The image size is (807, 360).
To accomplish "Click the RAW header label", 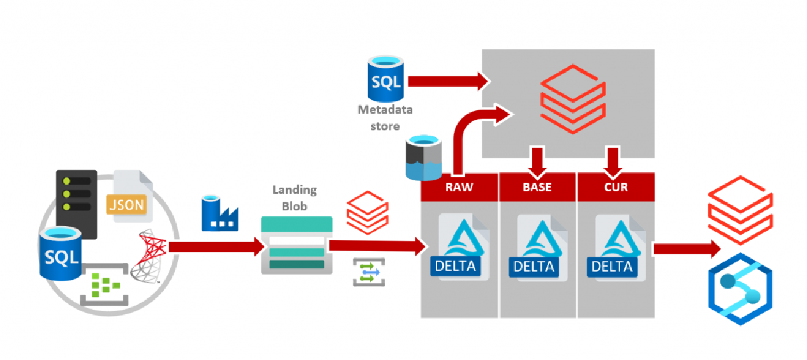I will [459, 187].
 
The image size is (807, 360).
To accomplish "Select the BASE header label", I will [537, 187].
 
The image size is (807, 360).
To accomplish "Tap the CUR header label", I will [616, 187].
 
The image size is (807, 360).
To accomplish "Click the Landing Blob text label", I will [294, 197].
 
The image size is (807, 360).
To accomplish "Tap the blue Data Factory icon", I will [219, 213].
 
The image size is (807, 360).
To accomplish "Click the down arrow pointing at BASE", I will [537, 160].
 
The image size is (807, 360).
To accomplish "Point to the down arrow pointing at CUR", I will [614, 160].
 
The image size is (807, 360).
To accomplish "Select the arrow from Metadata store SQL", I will [446, 81].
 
